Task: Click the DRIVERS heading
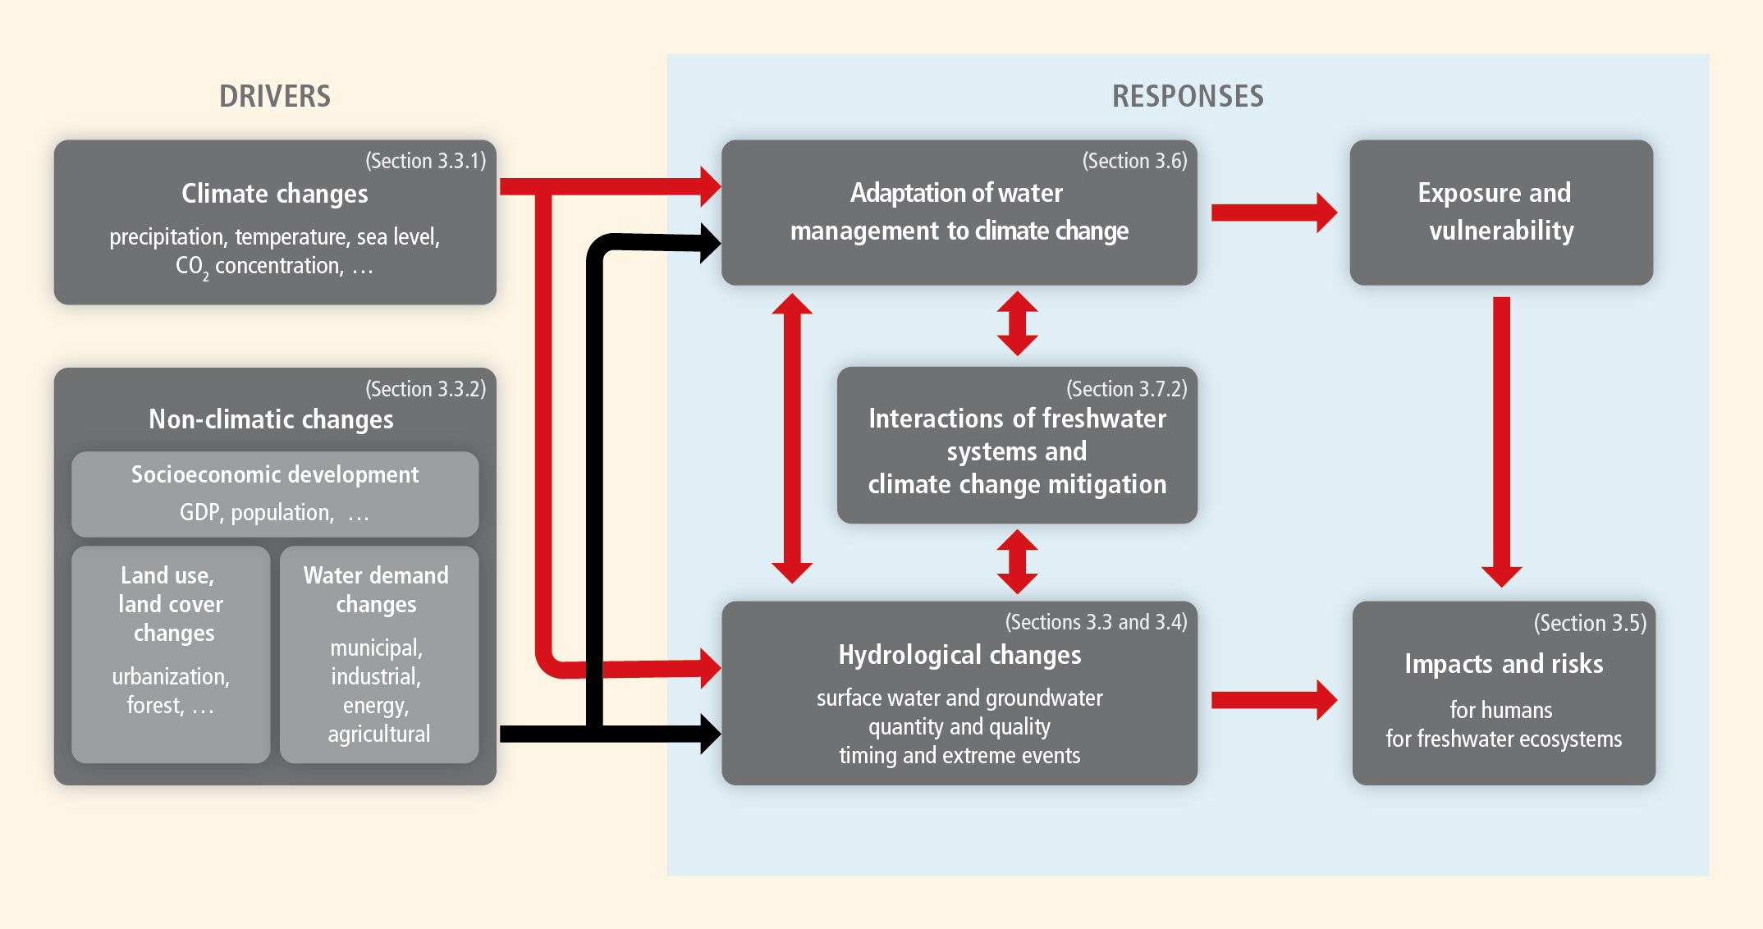pyautogui.click(x=275, y=96)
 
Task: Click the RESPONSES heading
pyautogui.click(x=1188, y=96)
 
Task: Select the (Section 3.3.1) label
pyautogui.click(x=425, y=161)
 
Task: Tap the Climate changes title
pyautogui.click(x=275, y=194)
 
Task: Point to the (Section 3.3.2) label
pyautogui.click(x=425, y=389)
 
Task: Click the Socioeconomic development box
pyautogui.click(x=275, y=493)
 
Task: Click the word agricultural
pyautogui.click(x=378, y=734)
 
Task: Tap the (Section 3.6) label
pyautogui.click(x=1134, y=161)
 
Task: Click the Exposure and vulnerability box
pyautogui.click(x=1500, y=213)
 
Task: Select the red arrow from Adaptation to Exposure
pyautogui.click(x=1273, y=213)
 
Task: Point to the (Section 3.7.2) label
pyautogui.click(x=1126, y=389)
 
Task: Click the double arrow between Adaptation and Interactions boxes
pyautogui.click(x=1017, y=323)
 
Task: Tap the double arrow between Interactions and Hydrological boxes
pyautogui.click(x=1017, y=561)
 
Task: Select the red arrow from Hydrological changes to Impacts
pyautogui.click(x=1273, y=699)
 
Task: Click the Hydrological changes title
pyautogui.click(x=959, y=655)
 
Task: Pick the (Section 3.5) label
pyautogui.click(x=1590, y=623)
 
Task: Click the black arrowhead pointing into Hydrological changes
pyautogui.click(x=707, y=734)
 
